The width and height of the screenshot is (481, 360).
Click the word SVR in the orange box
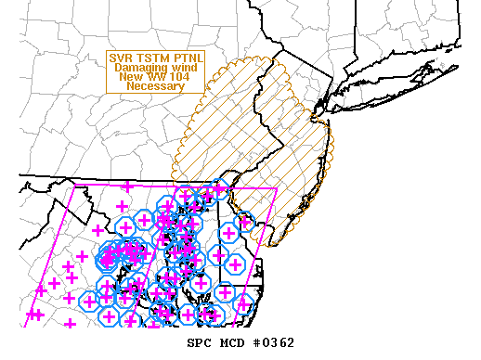pyautogui.click(x=123, y=57)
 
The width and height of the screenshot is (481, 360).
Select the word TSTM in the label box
pyautogui.click(x=150, y=57)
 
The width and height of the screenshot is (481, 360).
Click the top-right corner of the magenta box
pyautogui.click(x=277, y=189)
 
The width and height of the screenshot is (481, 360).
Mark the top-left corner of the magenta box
pyautogui.click(x=74, y=186)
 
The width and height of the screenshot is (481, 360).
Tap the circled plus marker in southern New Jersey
pyautogui.click(x=245, y=222)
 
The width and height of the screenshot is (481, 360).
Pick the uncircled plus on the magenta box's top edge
pyautogui.click(x=122, y=186)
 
